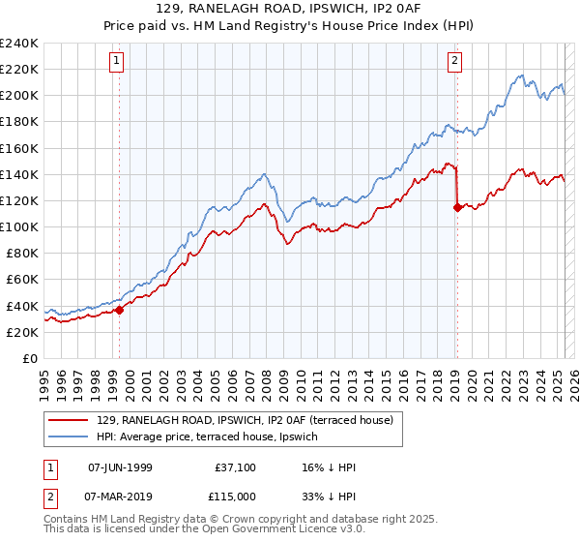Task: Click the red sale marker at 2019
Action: click(457, 206)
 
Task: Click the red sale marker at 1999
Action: click(120, 310)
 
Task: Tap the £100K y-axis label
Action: click(19, 226)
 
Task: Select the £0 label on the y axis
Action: click(29, 358)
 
